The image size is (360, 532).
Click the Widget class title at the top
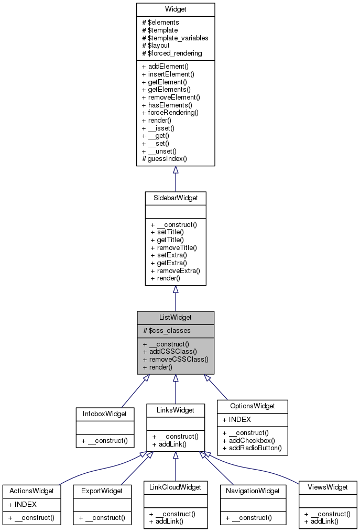click(x=175, y=9)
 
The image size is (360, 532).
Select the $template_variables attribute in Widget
click(x=175, y=38)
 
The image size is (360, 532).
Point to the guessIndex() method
click(x=164, y=158)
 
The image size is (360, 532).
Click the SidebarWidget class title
click(x=175, y=198)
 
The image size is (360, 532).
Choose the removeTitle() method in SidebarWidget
click(x=173, y=247)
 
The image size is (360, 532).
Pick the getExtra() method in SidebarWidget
click(x=170, y=263)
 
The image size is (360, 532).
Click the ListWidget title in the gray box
click(x=175, y=318)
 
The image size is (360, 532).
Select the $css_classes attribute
click(x=167, y=330)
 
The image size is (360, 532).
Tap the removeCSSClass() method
click(x=175, y=360)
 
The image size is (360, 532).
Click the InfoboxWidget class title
click(x=105, y=414)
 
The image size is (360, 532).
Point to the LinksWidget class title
click(x=175, y=410)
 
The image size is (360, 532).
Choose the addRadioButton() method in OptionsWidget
click(x=252, y=448)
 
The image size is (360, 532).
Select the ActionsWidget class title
click(x=31, y=491)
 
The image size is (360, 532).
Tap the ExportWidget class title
click(x=102, y=491)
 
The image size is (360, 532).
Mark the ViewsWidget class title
click(x=328, y=487)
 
